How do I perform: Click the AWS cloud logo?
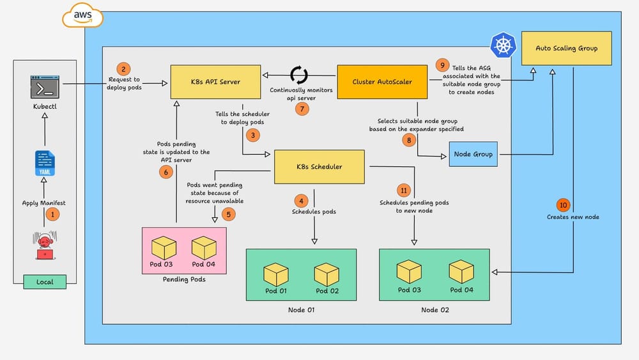pyautogui.click(x=81, y=17)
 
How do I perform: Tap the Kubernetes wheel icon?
pyautogui.click(x=502, y=46)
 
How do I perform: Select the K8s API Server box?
pyautogui.click(x=206, y=81)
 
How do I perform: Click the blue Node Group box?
pyautogui.click(x=473, y=154)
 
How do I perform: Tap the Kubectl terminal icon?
pyautogui.click(x=44, y=87)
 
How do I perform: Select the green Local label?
pyautogui.click(x=44, y=281)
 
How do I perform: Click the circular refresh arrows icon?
pyautogui.click(x=299, y=75)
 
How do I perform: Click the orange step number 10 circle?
pyautogui.click(x=562, y=205)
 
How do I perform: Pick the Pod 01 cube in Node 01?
pyautogui.click(x=276, y=274)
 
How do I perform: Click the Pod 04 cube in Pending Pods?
pyautogui.click(x=204, y=247)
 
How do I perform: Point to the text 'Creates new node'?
pyautogui.click(x=573, y=217)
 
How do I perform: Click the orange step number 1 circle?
pyautogui.click(x=53, y=215)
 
